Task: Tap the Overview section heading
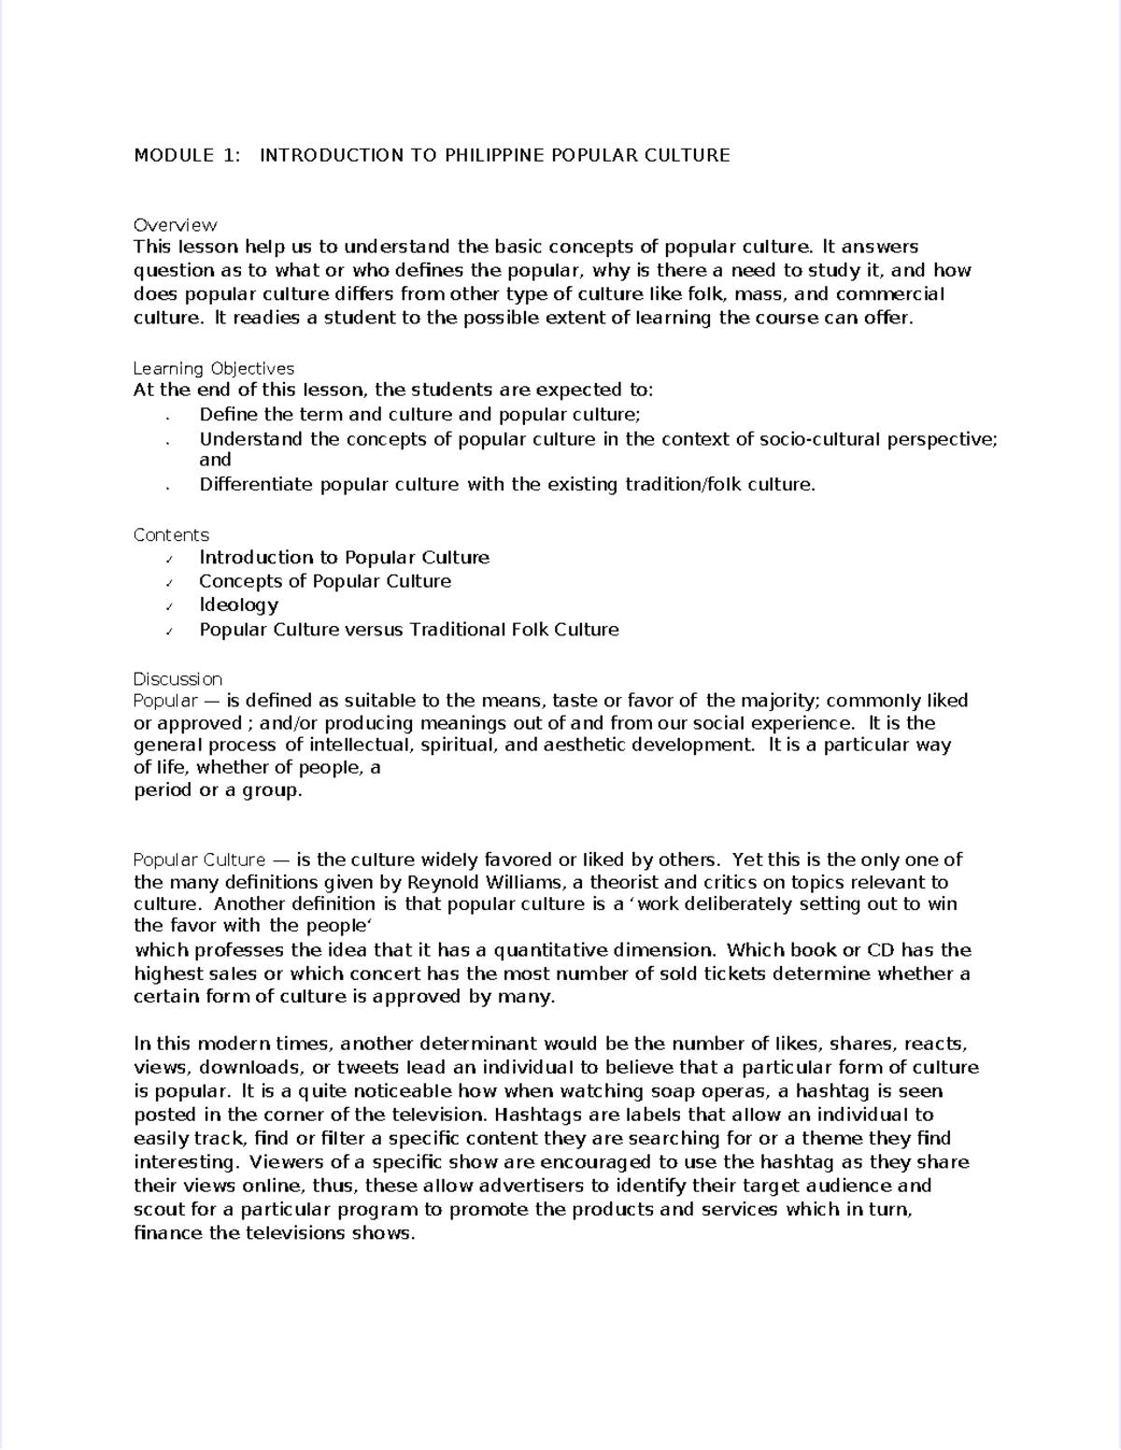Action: pos(175,225)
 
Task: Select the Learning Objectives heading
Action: pos(213,368)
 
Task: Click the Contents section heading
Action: pos(171,535)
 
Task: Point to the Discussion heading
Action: pos(177,679)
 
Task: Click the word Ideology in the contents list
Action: pos(238,604)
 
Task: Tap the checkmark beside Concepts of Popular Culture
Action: pos(169,583)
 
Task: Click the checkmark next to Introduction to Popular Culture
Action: pos(169,560)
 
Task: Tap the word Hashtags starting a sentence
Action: pos(535,1115)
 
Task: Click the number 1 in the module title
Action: pos(229,155)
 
